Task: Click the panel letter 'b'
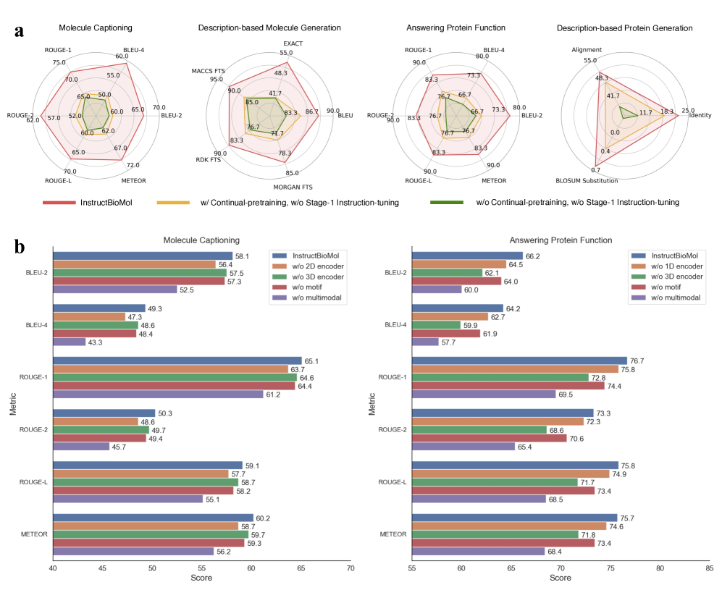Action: pos(20,246)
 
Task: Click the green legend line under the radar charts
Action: pos(449,203)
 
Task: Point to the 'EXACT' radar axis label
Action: pos(293,43)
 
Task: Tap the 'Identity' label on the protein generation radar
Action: pos(700,115)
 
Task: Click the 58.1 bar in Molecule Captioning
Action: pos(142,256)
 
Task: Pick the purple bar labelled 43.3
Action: pos(69,342)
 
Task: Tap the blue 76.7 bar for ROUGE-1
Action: pos(519,361)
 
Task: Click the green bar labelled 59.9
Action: pos(435,324)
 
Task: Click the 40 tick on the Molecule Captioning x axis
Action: pos(53,568)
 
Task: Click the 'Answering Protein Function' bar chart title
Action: pos(560,240)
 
